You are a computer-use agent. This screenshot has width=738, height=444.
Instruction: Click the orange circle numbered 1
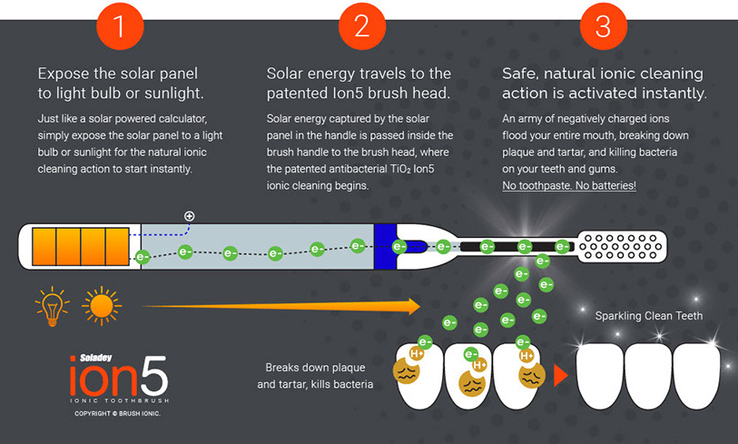pos(120,25)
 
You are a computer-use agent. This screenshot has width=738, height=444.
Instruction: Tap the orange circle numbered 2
pos(362,25)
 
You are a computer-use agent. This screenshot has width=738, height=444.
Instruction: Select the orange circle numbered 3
pos(604,25)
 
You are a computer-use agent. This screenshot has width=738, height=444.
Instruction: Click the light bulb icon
pos(53,306)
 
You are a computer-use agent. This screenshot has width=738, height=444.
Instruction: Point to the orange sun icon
pos(102,306)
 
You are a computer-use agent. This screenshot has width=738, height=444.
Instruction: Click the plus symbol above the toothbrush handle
pos(189,216)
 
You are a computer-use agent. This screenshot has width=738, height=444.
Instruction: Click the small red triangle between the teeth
pos(561,375)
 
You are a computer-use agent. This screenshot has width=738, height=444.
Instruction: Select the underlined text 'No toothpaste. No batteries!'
pos(569,185)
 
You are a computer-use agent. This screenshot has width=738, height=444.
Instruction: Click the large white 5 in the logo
pos(154,376)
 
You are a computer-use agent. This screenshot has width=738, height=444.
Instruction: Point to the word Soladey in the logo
pos(96,358)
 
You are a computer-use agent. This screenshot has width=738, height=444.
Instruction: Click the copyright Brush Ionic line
pos(117,413)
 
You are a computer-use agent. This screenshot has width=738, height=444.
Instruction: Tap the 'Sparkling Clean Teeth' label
pos(648,316)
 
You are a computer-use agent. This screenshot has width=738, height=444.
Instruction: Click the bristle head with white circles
pos(621,246)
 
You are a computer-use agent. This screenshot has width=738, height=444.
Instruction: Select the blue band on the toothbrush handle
pos(385,247)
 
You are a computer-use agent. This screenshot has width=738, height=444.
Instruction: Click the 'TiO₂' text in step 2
pos(400,169)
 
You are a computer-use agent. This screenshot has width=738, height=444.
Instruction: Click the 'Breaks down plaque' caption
pos(315,367)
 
